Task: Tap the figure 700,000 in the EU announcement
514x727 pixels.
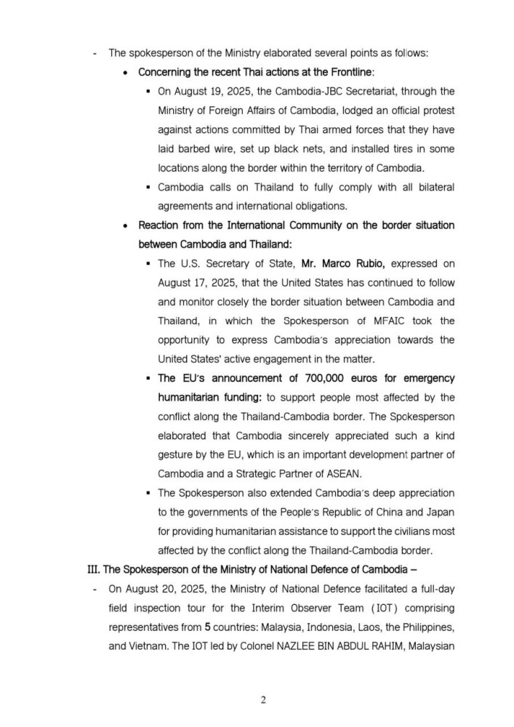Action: click(x=310, y=378)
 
